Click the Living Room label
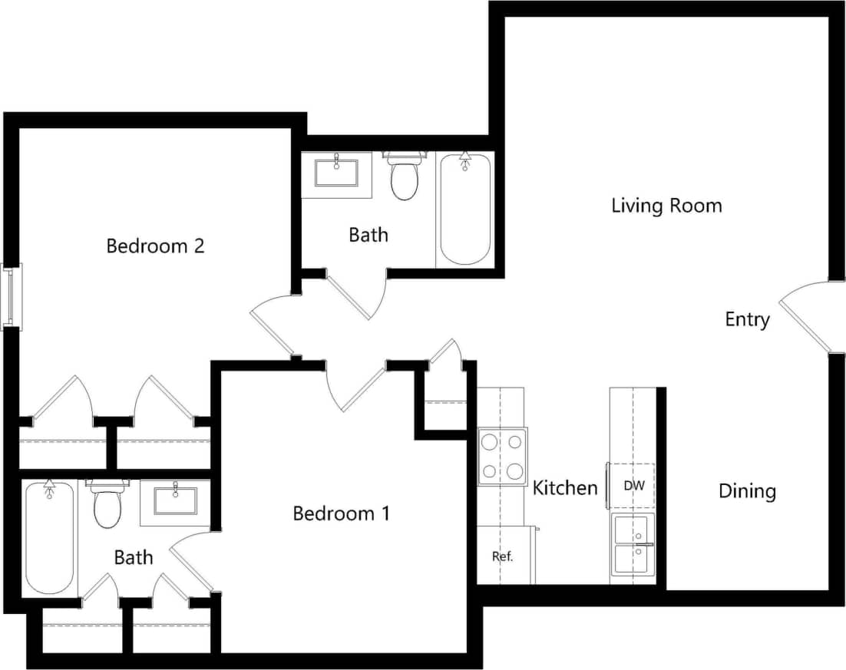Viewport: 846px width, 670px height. [x=666, y=206]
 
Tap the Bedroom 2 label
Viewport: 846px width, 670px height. [x=155, y=246]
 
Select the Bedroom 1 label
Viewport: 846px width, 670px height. [x=341, y=513]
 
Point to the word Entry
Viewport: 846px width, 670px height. [x=747, y=319]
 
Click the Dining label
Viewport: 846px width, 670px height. [x=747, y=491]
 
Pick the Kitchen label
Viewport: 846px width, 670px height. [x=565, y=488]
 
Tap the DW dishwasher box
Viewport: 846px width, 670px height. [x=633, y=486]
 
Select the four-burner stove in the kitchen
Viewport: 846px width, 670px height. [x=502, y=457]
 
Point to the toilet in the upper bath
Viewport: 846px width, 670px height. [x=404, y=177]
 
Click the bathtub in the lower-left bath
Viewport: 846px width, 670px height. [x=49, y=536]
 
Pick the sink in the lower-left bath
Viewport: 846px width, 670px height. [x=176, y=501]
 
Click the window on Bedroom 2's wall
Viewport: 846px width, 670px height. [x=12, y=295]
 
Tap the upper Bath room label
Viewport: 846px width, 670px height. [x=368, y=235]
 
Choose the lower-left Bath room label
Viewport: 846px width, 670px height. [x=134, y=557]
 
